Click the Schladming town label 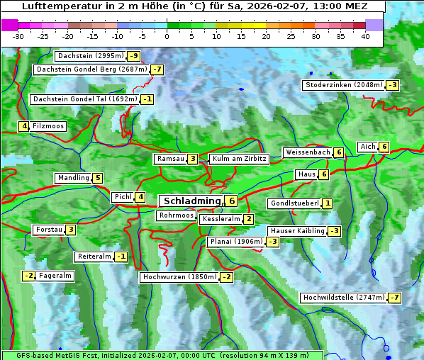click(x=190, y=201)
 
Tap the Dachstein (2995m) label click(x=90, y=56)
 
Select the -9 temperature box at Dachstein click(x=133, y=56)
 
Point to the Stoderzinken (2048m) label click(x=343, y=85)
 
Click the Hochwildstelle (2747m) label click(x=343, y=298)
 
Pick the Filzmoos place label click(x=48, y=126)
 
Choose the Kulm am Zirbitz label click(x=239, y=159)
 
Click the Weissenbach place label click(x=307, y=152)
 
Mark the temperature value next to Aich click(x=384, y=147)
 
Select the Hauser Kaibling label click(x=296, y=231)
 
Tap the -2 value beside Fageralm click(x=28, y=276)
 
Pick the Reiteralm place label click(x=94, y=257)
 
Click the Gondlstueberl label click(x=294, y=203)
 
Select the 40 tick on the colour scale click(x=365, y=36)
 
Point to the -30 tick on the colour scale click(x=18, y=36)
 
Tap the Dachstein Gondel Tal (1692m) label click(x=85, y=99)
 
